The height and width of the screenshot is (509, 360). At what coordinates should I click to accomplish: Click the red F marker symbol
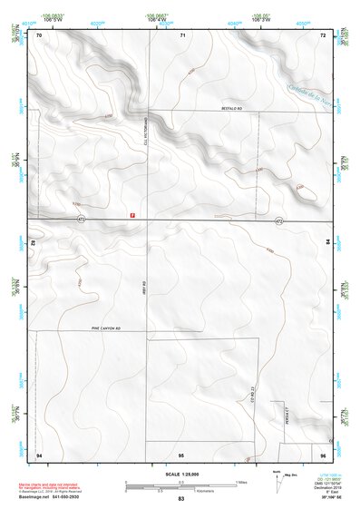133,215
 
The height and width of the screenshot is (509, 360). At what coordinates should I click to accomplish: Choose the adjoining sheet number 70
39,34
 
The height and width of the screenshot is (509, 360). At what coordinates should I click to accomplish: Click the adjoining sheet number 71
182,34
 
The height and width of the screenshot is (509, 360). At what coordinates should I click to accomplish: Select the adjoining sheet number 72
322,34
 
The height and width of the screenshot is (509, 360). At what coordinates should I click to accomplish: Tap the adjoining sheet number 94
39,453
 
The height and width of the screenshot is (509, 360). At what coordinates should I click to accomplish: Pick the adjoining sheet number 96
322,453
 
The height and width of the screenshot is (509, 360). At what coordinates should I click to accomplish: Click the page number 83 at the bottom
181,499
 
